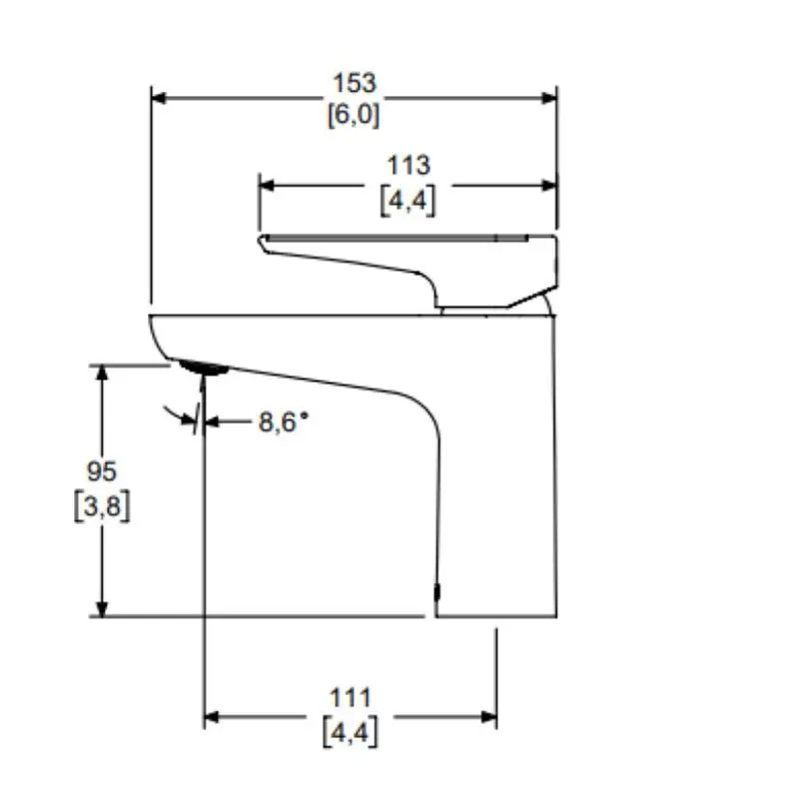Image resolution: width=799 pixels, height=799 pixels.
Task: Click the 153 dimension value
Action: click(355, 83)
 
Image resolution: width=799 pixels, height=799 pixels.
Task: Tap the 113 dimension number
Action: click(408, 167)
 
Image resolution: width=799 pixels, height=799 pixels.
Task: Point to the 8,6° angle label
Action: click(284, 422)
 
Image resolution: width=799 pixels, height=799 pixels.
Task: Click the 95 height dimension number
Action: click(102, 470)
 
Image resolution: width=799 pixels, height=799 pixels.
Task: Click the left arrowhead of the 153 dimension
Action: click(158, 98)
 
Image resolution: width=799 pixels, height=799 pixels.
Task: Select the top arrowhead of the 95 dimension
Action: click(101, 373)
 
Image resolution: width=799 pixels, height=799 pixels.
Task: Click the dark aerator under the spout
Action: click(205, 369)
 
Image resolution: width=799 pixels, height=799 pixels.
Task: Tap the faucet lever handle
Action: click(419, 264)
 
